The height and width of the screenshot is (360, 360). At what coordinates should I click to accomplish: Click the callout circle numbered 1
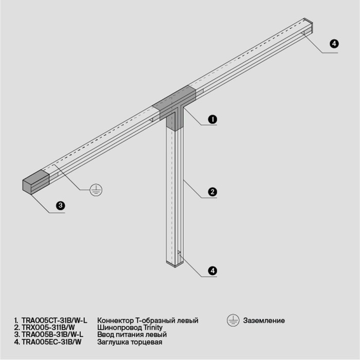coord(211,119)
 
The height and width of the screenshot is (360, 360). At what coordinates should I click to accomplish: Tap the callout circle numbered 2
coord(211,192)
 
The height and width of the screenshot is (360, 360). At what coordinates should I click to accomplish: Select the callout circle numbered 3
coord(60,206)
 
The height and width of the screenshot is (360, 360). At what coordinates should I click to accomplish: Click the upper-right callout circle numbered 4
coord(334,44)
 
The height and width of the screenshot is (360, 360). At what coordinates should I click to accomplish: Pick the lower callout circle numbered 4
coord(211,270)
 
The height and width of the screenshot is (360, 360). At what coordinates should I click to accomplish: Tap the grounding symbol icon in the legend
coord(231,321)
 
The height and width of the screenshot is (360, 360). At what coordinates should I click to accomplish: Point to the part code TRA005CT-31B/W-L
coord(58,321)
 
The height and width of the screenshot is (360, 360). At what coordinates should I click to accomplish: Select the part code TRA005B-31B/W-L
coord(56,335)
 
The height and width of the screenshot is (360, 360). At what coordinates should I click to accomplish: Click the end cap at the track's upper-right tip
coord(308,27)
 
